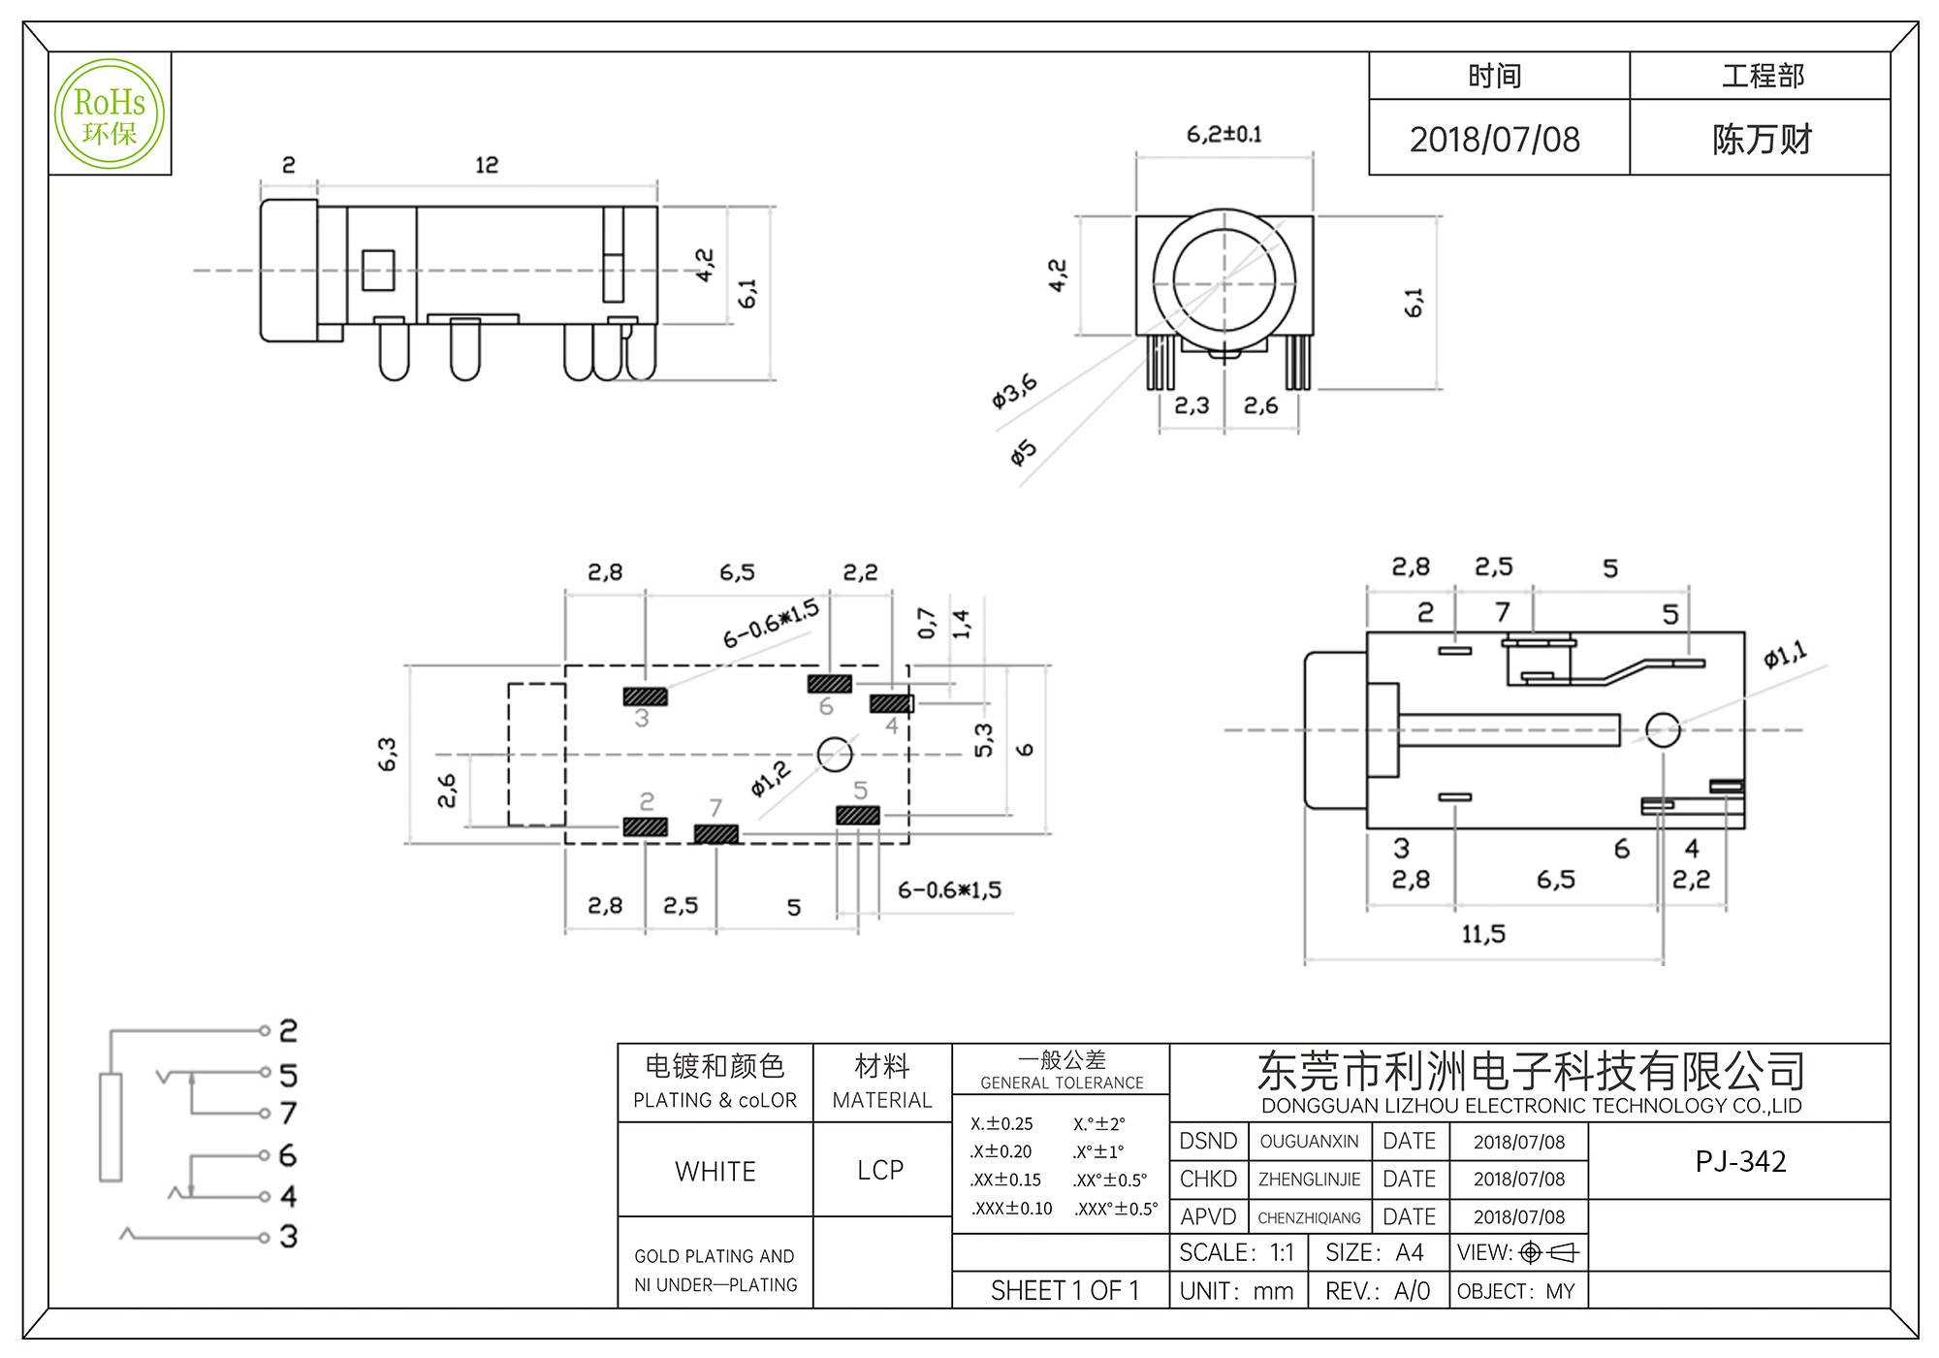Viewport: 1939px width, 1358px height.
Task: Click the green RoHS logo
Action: click(x=110, y=114)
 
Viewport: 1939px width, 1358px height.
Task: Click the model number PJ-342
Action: click(x=1740, y=1161)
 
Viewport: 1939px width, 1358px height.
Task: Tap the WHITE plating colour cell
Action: click(x=715, y=1171)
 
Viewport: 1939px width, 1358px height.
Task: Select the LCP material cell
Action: click(x=880, y=1170)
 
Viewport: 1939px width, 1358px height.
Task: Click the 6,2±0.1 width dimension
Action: click(x=1224, y=135)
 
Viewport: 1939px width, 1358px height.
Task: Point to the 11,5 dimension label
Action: click(x=1483, y=934)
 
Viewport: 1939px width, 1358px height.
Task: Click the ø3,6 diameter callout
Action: click(x=1014, y=390)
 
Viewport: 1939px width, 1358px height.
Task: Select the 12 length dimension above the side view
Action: click(x=487, y=165)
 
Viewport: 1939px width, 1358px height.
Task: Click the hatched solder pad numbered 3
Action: click(x=646, y=696)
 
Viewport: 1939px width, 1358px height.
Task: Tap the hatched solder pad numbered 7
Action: click(x=716, y=834)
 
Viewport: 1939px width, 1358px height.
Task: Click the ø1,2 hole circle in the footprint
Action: click(x=835, y=754)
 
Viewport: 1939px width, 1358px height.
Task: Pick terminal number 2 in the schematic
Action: click(x=288, y=1030)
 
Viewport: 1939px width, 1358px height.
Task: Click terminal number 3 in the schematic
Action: click(x=288, y=1237)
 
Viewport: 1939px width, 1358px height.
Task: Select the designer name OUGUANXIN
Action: click(x=1309, y=1142)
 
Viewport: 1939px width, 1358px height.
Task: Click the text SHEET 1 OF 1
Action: click(x=1065, y=1291)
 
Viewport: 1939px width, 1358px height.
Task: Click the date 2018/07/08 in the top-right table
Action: click(x=1494, y=140)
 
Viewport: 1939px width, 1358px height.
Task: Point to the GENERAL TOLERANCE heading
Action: click(x=1062, y=1083)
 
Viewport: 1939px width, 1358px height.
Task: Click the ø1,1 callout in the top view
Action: click(x=1785, y=656)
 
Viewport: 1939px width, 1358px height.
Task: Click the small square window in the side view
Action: click(x=378, y=271)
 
